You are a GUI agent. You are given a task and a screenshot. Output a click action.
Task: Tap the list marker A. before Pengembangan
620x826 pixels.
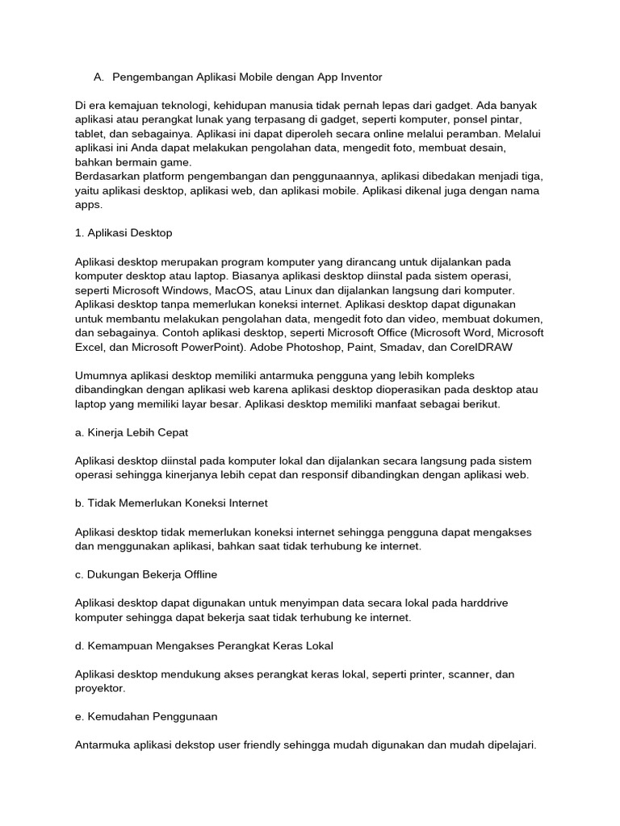pyautogui.click(x=98, y=77)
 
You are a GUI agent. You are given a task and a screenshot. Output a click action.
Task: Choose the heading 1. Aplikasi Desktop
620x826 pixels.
pyautogui.click(x=124, y=233)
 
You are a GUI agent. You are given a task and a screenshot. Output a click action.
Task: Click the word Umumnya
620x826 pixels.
pyautogui.click(x=103, y=376)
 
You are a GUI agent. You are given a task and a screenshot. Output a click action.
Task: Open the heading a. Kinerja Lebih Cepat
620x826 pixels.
pyautogui.click(x=131, y=432)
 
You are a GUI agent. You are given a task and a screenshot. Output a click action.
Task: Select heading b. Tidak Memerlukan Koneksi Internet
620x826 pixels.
pyautogui.click(x=171, y=503)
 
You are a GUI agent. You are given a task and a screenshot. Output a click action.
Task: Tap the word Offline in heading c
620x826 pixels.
pyautogui.click(x=198, y=574)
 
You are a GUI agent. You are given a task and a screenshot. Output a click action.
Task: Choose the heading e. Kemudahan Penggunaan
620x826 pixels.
pyautogui.click(x=146, y=716)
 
